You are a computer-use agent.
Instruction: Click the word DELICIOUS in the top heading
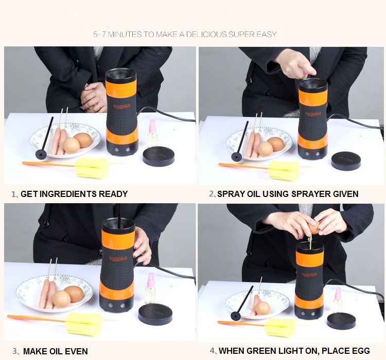point(206,34)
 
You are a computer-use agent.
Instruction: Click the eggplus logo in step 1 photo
point(122,106)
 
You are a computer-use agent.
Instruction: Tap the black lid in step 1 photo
point(159,156)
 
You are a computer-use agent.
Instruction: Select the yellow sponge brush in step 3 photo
point(84,324)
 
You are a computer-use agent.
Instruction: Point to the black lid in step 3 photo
point(155,314)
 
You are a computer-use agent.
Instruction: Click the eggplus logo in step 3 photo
point(118,258)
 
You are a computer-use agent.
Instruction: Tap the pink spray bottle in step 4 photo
point(338,300)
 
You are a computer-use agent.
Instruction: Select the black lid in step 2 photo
point(346,161)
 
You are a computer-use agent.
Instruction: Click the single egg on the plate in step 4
point(262,309)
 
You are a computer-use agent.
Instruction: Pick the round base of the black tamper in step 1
point(41,154)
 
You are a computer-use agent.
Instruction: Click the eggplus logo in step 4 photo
point(309,274)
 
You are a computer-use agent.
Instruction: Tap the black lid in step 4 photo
point(341,321)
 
